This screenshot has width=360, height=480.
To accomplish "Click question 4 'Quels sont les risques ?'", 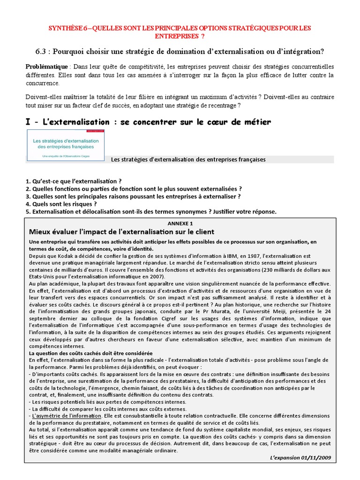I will click(61, 204).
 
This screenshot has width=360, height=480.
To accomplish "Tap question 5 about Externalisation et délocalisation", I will click(151, 212).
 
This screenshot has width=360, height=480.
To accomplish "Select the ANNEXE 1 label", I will click(180, 224).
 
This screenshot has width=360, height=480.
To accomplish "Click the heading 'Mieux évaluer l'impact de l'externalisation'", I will click(121, 232).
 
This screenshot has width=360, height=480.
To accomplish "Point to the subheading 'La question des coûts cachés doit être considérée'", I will click(90, 353).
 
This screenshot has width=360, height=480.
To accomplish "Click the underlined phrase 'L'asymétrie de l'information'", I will click(66, 416).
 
